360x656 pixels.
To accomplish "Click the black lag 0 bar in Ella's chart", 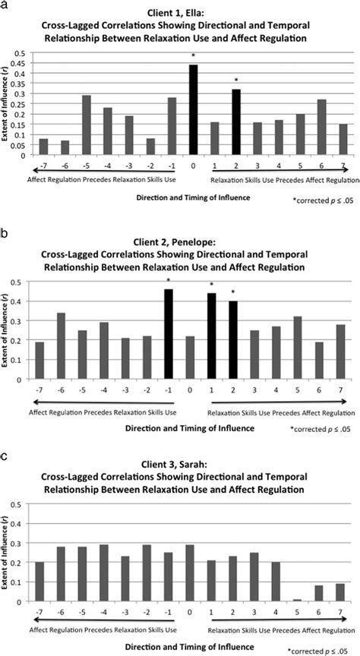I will (x=193, y=110).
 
